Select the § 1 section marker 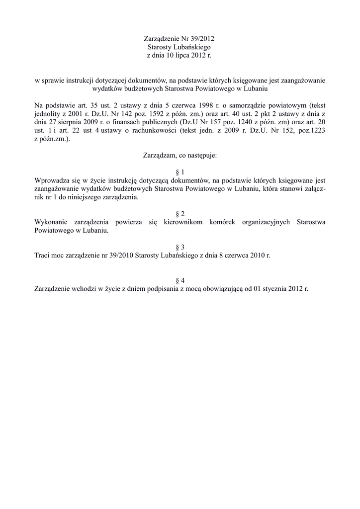[x=180, y=171]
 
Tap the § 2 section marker [x=180, y=214]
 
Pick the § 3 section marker [x=180, y=247]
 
